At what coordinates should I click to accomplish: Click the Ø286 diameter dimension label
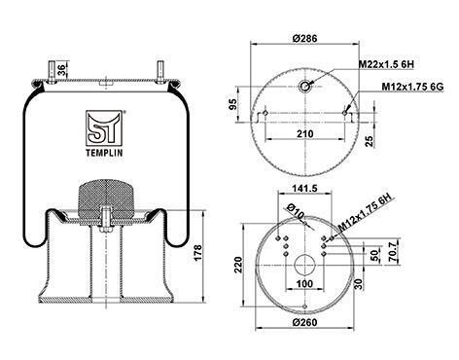[x=304, y=39]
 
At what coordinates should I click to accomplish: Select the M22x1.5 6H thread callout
[x=386, y=64]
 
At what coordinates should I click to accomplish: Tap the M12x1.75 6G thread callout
[x=412, y=87]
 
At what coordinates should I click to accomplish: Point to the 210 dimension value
[x=305, y=133]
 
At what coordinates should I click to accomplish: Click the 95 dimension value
[x=233, y=104]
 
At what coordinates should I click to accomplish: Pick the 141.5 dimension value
[x=304, y=188]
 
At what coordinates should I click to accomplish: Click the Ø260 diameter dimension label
[x=304, y=322]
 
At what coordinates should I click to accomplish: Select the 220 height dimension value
[x=238, y=265]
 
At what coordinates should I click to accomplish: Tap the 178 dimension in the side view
[x=197, y=252]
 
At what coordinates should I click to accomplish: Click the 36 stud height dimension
[x=62, y=69]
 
